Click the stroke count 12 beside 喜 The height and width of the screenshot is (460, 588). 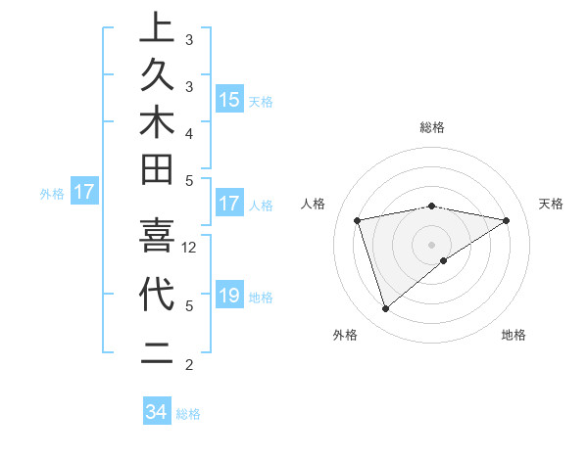pyautogui.click(x=190, y=247)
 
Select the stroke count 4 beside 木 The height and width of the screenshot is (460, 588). pyautogui.click(x=189, y=132)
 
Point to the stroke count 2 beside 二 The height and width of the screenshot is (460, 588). pyautogui.click(x=189, y=365)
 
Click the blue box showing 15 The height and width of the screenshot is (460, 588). pyautogui.click(x=229, y=100)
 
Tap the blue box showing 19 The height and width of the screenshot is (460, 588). pyautogui.click(x=229, y=297)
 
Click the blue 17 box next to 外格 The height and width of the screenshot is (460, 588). pyautogui.click(x=84, y=193)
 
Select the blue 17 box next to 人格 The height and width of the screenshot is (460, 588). pyautogui.click(x=229, y=205)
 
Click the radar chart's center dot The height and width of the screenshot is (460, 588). pyautogui.click(x=432, y=244)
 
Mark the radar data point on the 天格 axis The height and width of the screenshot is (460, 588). pyautogui.click(x=507, y=220)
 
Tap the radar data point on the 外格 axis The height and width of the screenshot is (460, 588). pyautogui.click(x=385, y=309)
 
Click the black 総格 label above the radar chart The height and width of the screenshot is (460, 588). pyautogui.click(x=432, y=127)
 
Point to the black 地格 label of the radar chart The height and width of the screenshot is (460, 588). pyautogui.click(x=514, y=335)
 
